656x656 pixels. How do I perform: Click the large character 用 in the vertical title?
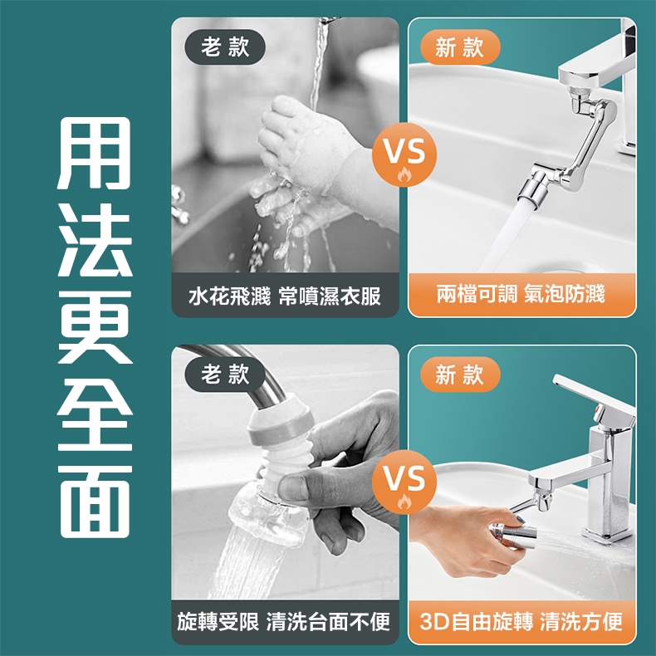pyautogui.click(x=95, y=153)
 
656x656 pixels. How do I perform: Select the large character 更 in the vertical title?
pyautogui.click(x=95, y=326)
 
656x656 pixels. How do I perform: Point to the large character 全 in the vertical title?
pyautogui.click(x=95, y=414)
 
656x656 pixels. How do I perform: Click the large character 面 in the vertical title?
pyautogui.click(x=95, y=502)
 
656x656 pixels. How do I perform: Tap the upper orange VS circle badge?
pyautogui.click(x=404, y=154)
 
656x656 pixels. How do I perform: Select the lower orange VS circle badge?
pyautogui.click(x=404, y=482)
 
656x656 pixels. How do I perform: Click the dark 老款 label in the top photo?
pyautogui.click(x=225, y=47)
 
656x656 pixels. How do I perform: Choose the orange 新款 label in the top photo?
pyautogui.click(x=460, y=47)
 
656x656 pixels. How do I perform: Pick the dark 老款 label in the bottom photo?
pyautogui.click(x=225, y=374)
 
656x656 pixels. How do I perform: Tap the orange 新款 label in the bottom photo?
pyautogui.click(x=460, y=374)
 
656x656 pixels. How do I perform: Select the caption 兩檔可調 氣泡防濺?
pyautogui.click(x=521, y=294)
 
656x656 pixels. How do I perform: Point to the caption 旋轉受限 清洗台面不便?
pyautogui.click(x=284, y=622)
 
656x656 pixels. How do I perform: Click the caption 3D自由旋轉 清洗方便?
pyautogui.click(x=521, y=621)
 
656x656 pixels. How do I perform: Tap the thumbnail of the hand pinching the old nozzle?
pyautogui.click(x=285, y=472)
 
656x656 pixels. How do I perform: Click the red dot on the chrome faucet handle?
pyautogui.click(x=598, y=409)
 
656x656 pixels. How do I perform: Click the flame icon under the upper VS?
pyautogui.click(x=404, y=174)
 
